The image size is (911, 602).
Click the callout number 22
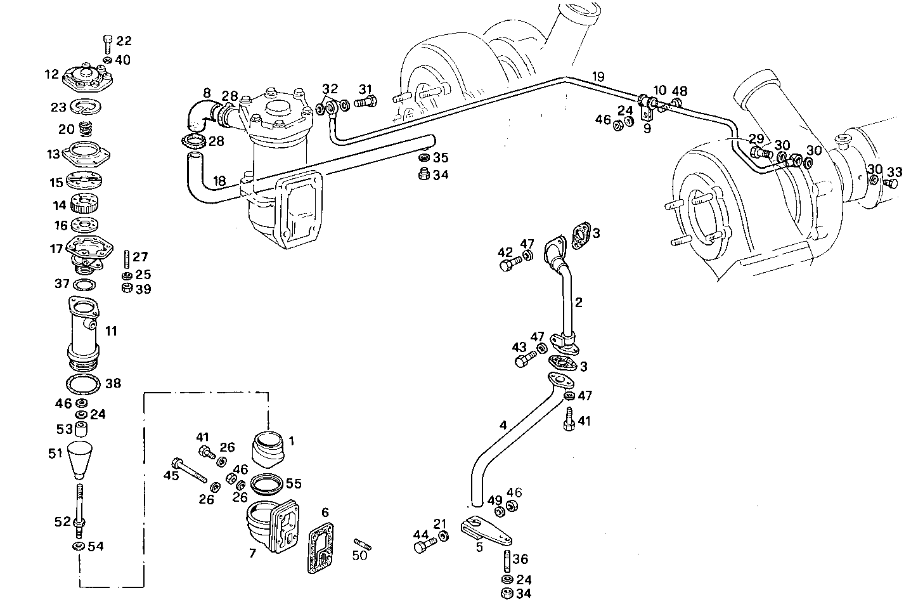[x=124, y=41]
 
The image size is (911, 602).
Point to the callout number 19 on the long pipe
[x=598, y=77]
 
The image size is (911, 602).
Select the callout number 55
[x=294, y=483]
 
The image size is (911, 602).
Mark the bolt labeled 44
[x=426, y=544]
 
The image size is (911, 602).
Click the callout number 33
[x=895, y=171]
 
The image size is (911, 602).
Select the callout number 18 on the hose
[x=219, y=181]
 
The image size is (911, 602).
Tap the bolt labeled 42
[x=508, y=265]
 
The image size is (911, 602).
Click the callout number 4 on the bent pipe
[x=503, y=426]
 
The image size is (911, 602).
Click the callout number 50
[x=359, y=556]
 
